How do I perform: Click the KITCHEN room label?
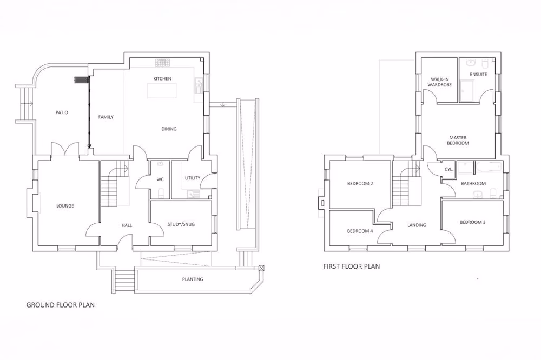point(162,79)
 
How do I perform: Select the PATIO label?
point(62,113)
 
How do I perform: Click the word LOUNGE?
point(65,206)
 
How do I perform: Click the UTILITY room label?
point(192,178)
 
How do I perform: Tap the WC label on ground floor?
point(160,179)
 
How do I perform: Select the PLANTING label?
point(192,279)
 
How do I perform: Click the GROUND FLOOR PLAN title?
point(61,305)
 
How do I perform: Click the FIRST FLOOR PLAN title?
point(351,266)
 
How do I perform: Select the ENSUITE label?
point(478,74)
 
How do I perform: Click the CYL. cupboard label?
point(448,169)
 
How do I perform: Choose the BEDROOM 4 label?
point(360,231)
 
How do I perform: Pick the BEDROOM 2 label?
point(360,184)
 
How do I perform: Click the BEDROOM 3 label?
point(473,222)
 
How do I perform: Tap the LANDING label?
point(417,225)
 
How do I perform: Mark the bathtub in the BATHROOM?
point(489,168)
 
